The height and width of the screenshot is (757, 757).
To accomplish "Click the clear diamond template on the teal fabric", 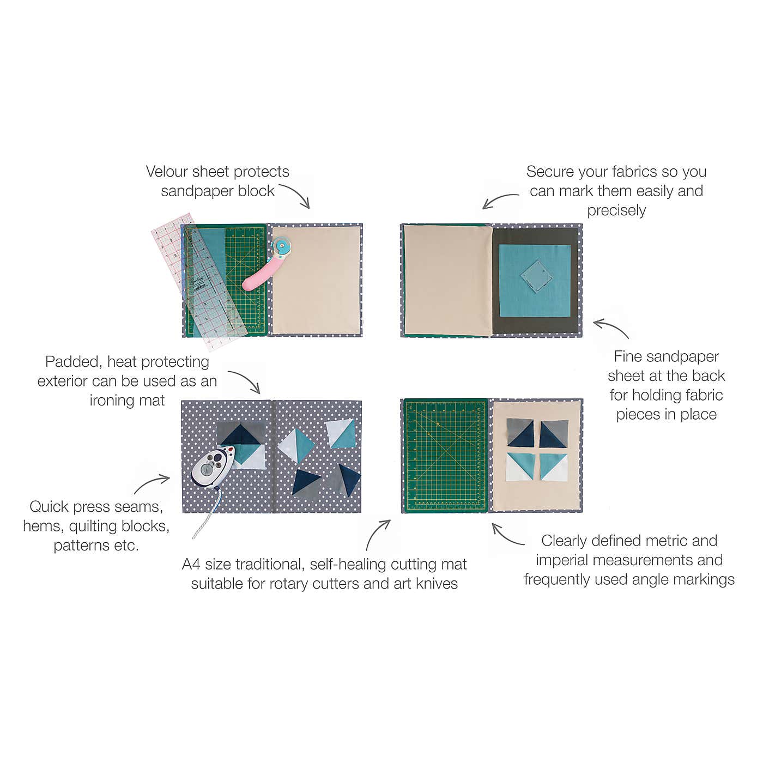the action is (537, 275).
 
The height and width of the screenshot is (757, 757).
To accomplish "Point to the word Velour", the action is (167, 172).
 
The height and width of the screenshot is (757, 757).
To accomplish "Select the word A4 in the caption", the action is (191, 565).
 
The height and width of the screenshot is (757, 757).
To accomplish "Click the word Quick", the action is (49, 507).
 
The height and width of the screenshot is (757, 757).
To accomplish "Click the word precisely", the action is (616, 211).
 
